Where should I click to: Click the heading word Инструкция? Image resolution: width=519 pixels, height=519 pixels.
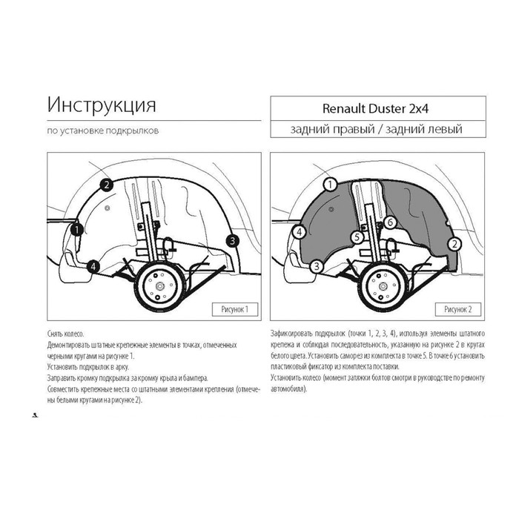click(102, 105)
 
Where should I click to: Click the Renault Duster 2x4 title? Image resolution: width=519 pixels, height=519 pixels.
click(375, 108)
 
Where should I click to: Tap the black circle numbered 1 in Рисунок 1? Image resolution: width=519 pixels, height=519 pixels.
click(77, 229)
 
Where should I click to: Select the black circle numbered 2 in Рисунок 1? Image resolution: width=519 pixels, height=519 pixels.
click(106, 185)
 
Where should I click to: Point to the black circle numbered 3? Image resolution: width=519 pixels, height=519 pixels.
click(233, 241)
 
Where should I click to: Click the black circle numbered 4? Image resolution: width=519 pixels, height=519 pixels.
click(93, 266)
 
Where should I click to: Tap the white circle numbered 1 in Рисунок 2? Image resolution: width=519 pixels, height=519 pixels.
click(330, 185)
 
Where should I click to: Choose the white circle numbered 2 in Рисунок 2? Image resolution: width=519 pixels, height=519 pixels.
click(454, 244)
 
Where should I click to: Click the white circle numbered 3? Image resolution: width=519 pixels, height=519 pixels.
click(317, 266)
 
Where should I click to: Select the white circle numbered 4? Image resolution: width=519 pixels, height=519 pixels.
click(300, 232)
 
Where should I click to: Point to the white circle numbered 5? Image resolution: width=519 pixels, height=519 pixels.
click(357, 237)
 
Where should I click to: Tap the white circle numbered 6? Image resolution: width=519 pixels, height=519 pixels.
click(390, 222)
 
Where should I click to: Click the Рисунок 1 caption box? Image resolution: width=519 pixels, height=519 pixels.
click(235, 309)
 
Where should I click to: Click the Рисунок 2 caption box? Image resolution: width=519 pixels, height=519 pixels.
click(457, 309)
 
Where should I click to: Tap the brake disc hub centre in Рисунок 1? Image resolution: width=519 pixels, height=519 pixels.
click(160, 286)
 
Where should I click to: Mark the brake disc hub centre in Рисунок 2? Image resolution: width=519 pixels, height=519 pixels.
click(383, 286)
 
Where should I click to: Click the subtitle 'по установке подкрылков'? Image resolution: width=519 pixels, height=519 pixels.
click(103, 130)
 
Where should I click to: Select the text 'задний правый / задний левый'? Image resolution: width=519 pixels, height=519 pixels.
click(377, 129)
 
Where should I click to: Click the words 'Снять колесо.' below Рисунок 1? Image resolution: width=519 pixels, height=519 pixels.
click(66, 334)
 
